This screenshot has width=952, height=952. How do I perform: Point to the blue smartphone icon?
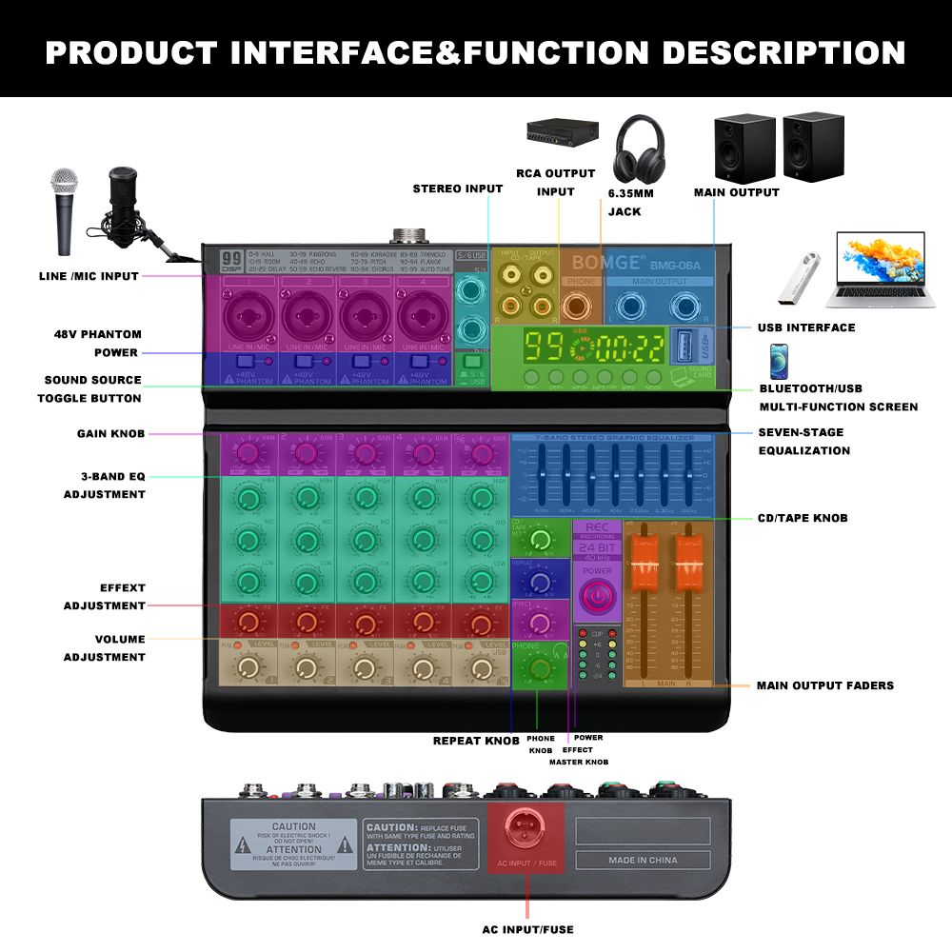point(778,362)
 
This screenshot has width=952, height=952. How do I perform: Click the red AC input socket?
point(526,831)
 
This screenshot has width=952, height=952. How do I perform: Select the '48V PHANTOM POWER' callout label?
point(97,344)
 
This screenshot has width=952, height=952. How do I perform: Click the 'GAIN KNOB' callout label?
point(110,434)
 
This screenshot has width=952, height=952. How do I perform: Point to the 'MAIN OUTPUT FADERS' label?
point(824,685)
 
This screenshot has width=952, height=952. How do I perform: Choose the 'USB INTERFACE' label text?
point(805,327)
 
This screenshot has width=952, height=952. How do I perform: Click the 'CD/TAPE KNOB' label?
point(801,518)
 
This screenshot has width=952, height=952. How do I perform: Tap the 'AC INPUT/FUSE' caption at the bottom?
point(527,929)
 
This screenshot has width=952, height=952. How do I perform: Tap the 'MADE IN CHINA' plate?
point(643,861)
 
